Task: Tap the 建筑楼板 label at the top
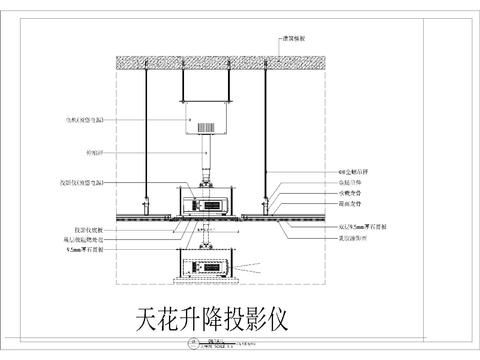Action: [296, 39]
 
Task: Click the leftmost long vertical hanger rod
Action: [146, 140]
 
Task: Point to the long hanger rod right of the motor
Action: [265, 140]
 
